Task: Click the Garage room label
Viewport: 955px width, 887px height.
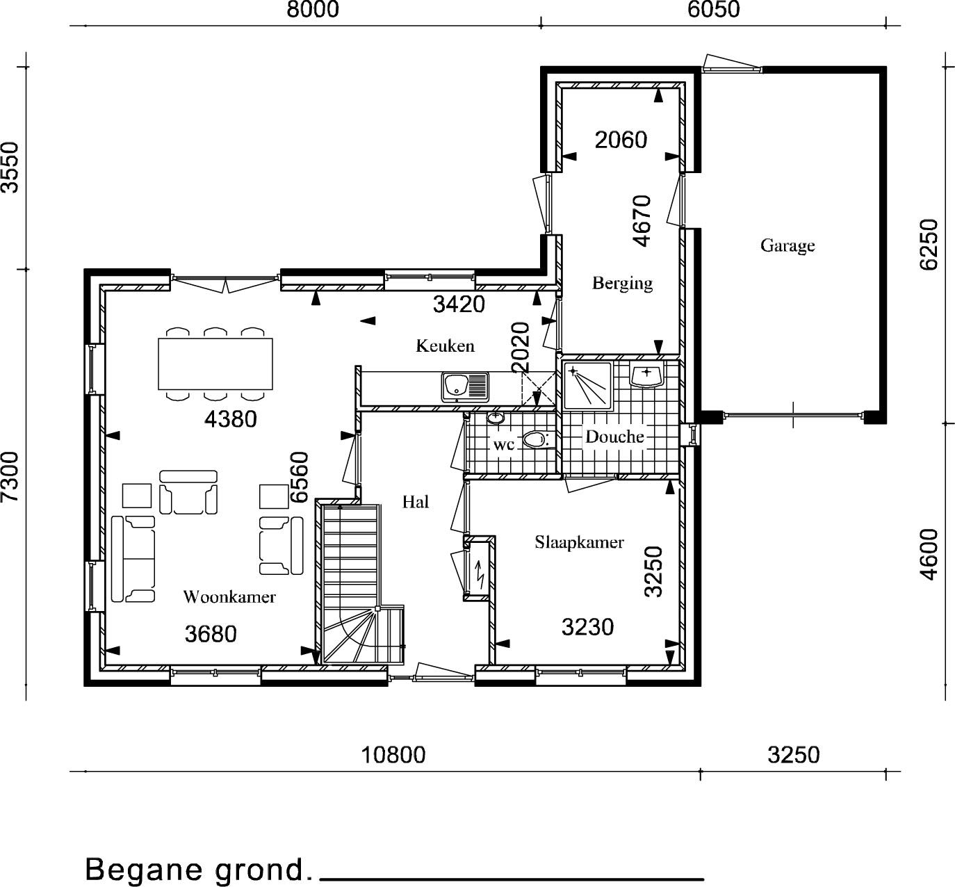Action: [x=787, y=246]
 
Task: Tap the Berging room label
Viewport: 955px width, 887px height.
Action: [x=622, y=283]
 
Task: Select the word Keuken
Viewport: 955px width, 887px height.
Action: [x=446, y=345]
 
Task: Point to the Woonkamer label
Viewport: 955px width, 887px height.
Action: [x=229, y=597]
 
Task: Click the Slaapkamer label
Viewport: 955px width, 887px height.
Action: [x=579, y=542]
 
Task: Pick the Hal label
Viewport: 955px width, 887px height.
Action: [x=416, y=502]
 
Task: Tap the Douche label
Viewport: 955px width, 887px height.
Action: [x=614, y=437]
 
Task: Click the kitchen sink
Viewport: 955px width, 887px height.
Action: [x=465, y=386]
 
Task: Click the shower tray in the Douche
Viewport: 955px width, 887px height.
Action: [x=587, y=386]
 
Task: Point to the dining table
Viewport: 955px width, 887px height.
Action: [x=215, y=364]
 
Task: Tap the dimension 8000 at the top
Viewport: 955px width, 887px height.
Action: [x=313, y=10]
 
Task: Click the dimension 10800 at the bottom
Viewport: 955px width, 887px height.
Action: [x=393, y=755]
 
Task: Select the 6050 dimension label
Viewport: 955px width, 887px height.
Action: [x=714, y=10]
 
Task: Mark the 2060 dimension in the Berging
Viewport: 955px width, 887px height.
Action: [x=621, y=140]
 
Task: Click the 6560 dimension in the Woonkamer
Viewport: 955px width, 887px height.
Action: [x=299, y=477]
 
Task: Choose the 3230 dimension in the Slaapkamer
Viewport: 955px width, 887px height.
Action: [x=587, y=627]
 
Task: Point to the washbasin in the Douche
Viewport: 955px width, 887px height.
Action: [x=646, y=374]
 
